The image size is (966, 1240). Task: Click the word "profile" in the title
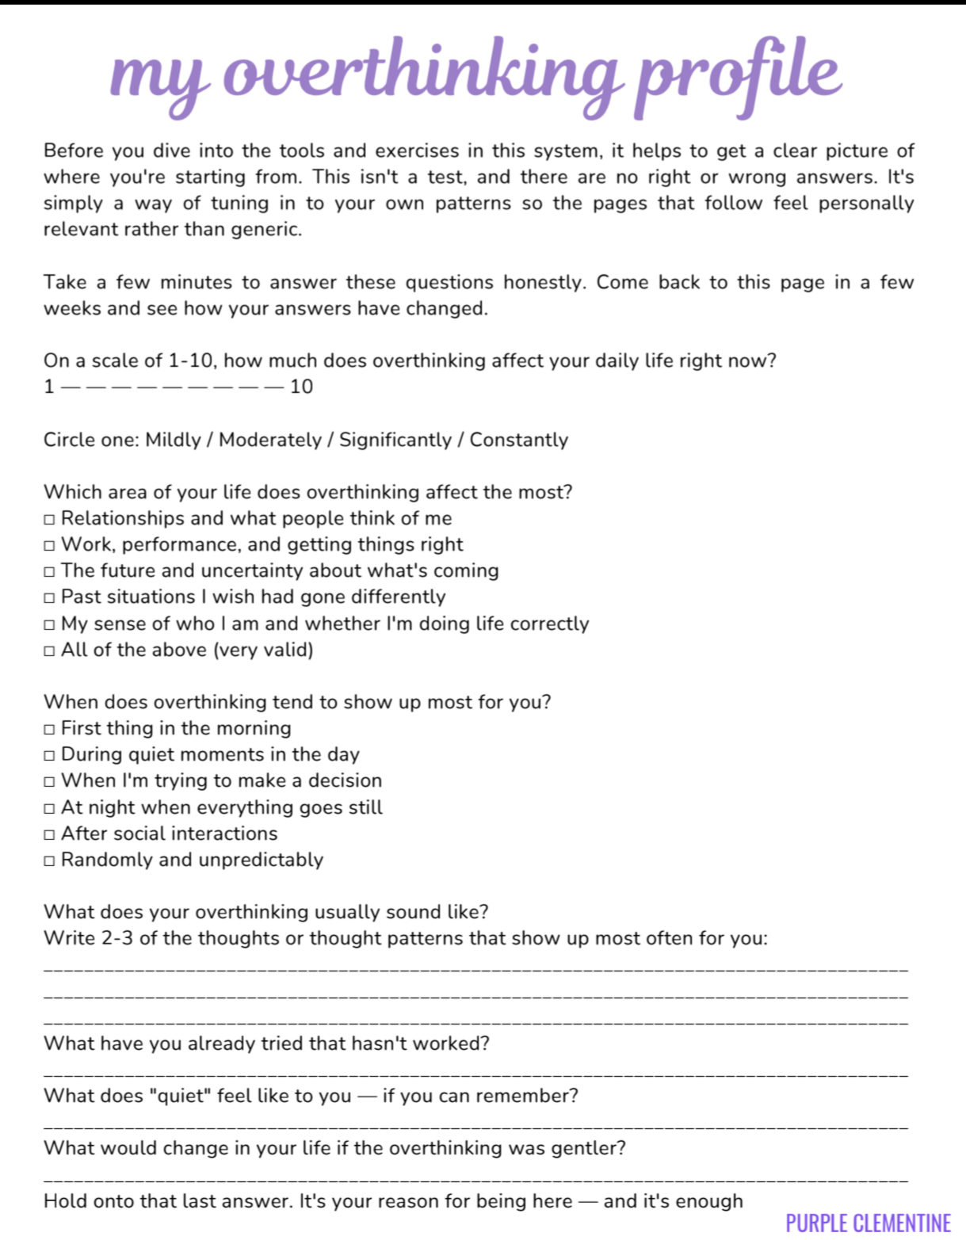tap(737, 75)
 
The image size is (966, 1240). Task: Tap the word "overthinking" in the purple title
tap(421, 75)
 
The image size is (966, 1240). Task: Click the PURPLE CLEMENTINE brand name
tap(868, 1223)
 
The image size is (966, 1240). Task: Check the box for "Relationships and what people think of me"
tap(49, 520)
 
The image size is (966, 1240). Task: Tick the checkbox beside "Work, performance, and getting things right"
tap(49, 546)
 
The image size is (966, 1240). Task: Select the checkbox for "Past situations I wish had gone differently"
tap(49, 598)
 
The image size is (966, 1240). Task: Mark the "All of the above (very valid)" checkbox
tap(49, 651)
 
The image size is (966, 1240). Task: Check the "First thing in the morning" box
tap(49, 730)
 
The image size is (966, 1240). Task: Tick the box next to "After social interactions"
tap(49, 835)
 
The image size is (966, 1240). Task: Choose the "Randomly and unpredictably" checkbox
tap(49, 861)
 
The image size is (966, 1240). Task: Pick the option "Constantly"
tap(518, 440)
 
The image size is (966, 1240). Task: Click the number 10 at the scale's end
tap(302, 387)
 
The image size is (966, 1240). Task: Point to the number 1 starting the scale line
tap(49, 387)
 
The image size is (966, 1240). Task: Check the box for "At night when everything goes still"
tap(49, 809)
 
